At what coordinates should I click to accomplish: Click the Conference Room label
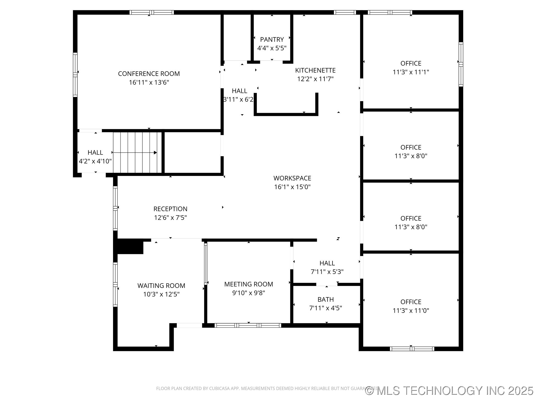tap(149, 74)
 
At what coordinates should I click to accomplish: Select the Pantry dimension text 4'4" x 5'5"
tap(272, 48)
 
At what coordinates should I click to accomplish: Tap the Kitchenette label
tap(315, 70)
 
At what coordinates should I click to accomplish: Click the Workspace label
tap(292, 178)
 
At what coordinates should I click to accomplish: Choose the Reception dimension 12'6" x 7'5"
tap(170, 217)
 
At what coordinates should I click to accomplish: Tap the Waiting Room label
tap(161, 286)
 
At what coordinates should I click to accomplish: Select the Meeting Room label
tap(248, 284)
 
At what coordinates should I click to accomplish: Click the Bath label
tap(326, 300)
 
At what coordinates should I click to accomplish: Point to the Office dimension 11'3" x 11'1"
tap(411, 72)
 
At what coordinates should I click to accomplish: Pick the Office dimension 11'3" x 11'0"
tap(411, 310)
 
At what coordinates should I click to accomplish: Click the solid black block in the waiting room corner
tap(130, 247)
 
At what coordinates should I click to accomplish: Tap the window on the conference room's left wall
tap(75, 75)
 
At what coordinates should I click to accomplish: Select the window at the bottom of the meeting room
tap(248, 325)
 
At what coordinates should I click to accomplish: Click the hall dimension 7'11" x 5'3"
tap(327, 272)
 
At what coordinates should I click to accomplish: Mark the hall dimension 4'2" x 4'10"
tap(95, 161)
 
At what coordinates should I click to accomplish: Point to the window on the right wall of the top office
tap(461, 64)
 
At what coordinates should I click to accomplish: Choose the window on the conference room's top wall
tap(152, 12)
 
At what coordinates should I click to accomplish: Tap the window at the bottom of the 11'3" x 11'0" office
tap(412, 349)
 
